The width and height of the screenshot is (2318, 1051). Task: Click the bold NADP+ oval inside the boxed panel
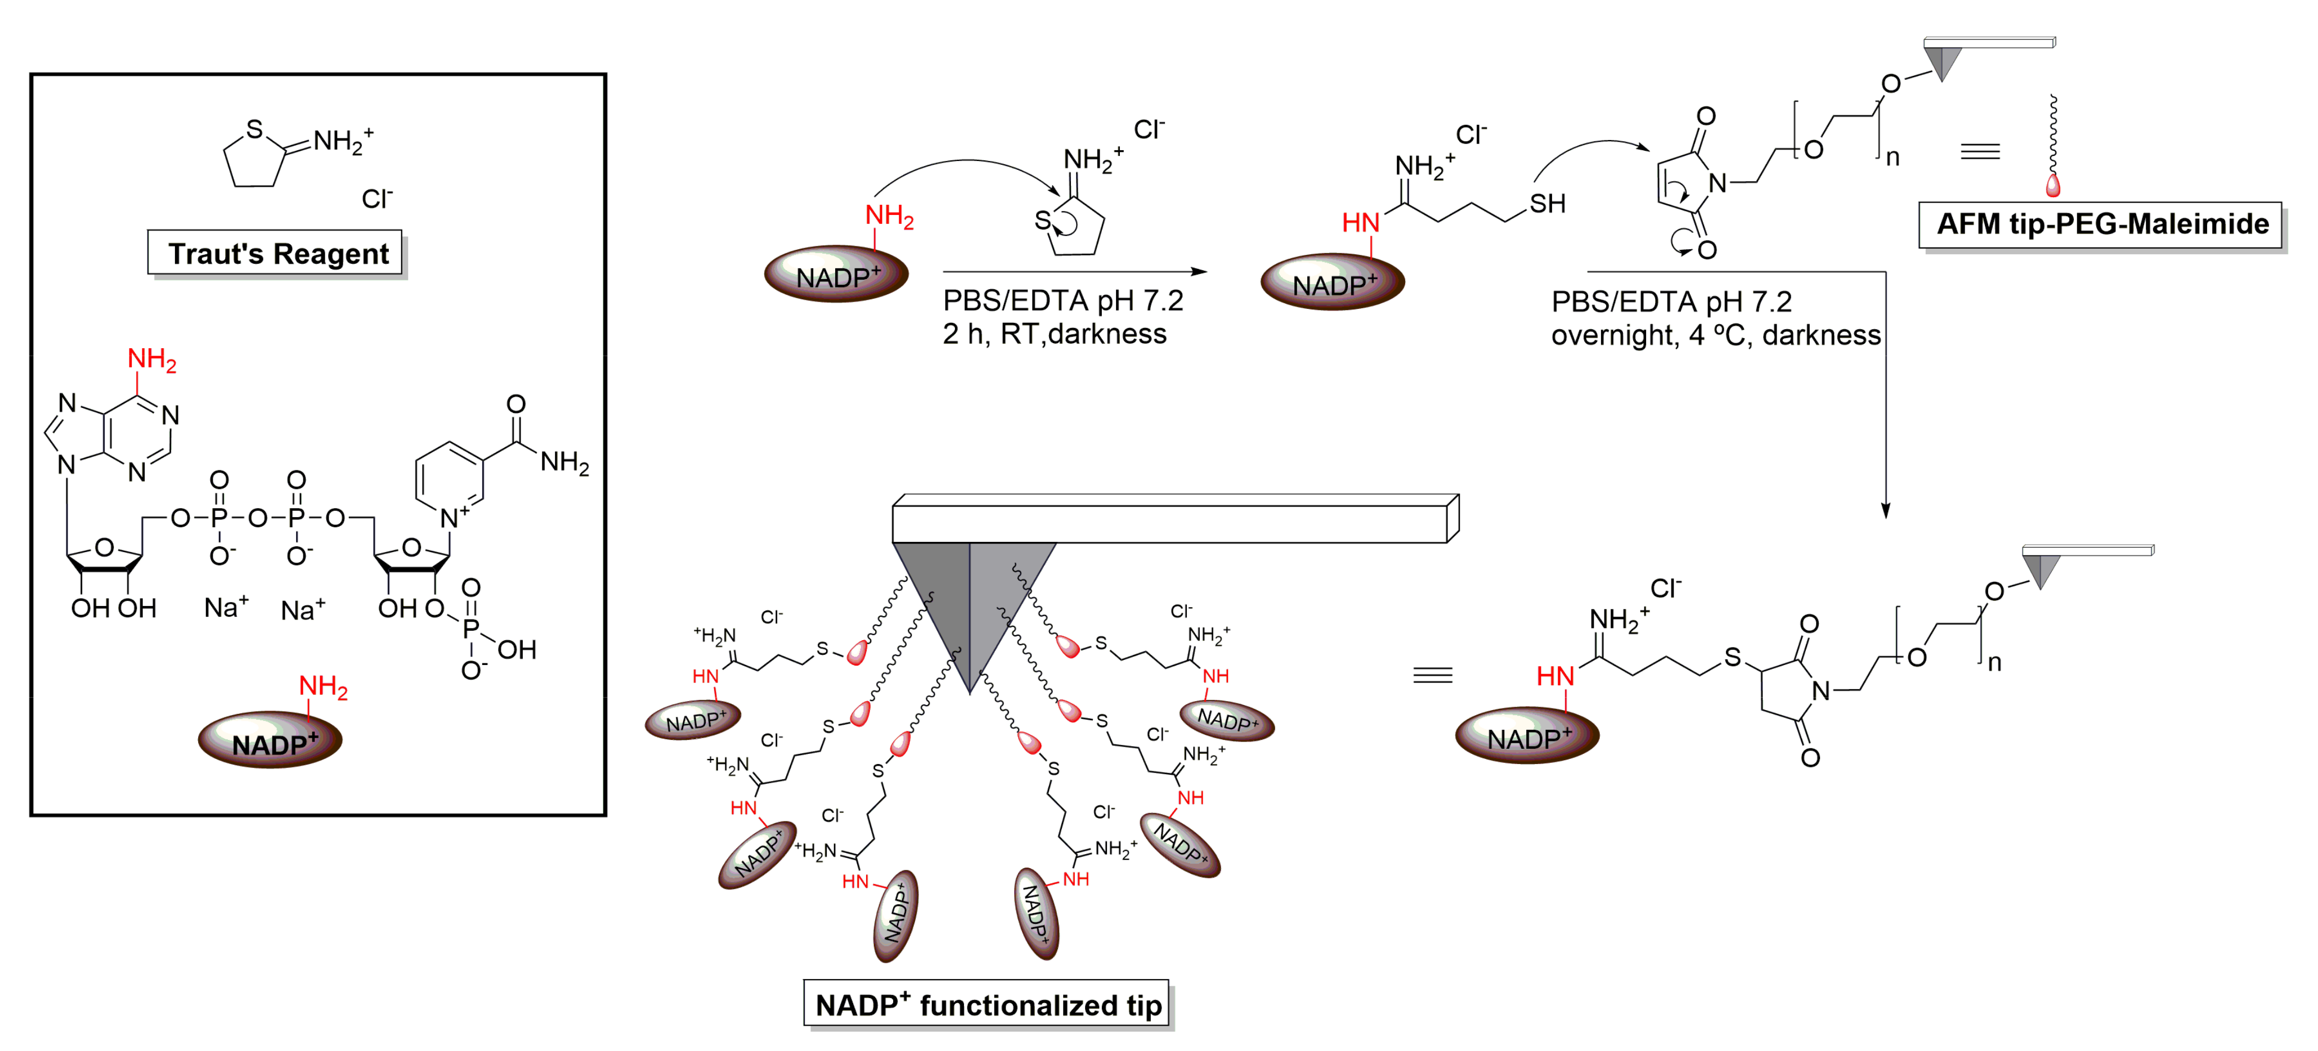pos(270,740)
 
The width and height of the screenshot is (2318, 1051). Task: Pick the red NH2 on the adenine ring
pos(151,359)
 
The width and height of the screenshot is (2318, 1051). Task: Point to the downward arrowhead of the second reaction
pos(1885,510)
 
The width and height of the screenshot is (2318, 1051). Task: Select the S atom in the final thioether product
pos(1732,658)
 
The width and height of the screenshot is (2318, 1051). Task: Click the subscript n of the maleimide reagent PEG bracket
pos(1893,158)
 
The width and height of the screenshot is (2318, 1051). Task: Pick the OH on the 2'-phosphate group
pos(517,650)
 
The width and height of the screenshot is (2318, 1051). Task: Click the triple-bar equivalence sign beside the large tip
pos(1433,675)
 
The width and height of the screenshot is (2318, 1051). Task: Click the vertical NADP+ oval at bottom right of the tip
pos(1035,913)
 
